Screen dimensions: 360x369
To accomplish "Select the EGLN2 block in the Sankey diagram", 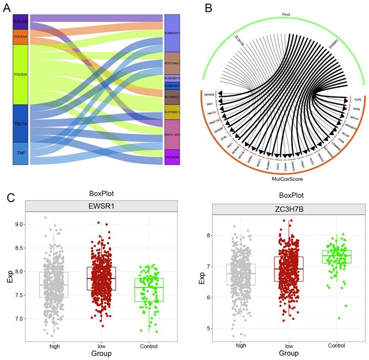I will click(20, 22).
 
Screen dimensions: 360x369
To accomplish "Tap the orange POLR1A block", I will click(20, 37).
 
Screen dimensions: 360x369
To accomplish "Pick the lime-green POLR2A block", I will click(20, 74).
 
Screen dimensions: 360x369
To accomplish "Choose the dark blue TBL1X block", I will click(20, 123).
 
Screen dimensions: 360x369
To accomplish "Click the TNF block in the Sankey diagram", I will click(20, 153).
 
